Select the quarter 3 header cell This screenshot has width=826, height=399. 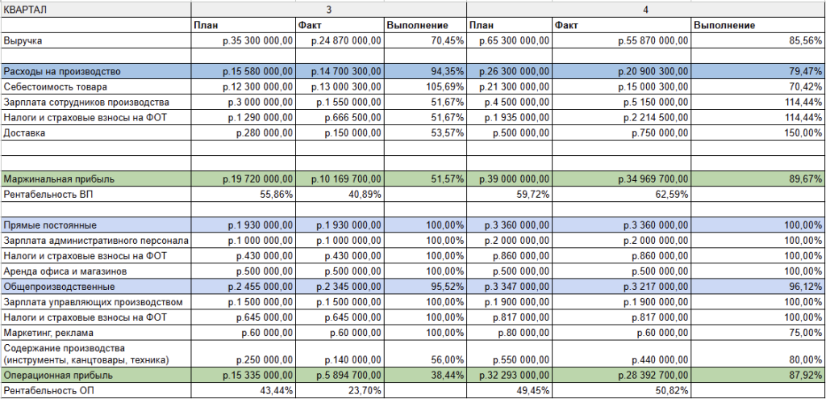point(328,9)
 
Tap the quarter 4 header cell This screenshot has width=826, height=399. point(645,9)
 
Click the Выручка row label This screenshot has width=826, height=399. point(23,40)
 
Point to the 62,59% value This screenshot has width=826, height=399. point(670,194)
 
